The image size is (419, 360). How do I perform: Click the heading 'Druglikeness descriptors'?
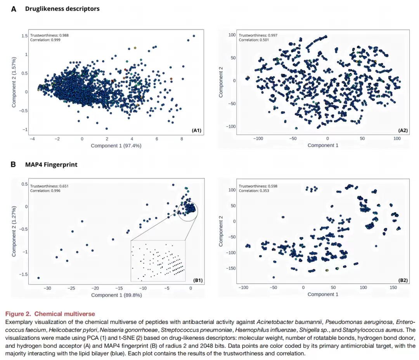tap(62, 9)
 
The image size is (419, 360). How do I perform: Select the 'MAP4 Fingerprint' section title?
tap(51, 165)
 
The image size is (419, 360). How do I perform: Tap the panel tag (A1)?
tap(196, 130)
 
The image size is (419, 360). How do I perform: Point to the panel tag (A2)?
tap(403, 130)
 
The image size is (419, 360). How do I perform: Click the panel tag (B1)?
tap(198, 280)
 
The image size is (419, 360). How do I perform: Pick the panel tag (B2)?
tap(403, 280)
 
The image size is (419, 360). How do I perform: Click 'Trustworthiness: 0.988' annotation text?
tap(49, 35)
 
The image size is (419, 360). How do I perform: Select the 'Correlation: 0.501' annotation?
tap(254, 40)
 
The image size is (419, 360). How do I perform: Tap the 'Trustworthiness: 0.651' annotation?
tap(49, 186)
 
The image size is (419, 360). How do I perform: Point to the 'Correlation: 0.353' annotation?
tap(254, 191)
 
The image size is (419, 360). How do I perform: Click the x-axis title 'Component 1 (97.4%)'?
tap(116, 146)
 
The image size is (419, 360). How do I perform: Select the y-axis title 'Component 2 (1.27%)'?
tap(14, 231)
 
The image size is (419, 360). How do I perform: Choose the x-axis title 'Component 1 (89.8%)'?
tap(116, 295)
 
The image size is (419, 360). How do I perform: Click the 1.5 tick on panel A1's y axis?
tap(24, 36)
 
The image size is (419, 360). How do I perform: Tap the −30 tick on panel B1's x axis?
tap(47, 288)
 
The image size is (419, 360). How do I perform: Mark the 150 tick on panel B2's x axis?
tap(393, 287)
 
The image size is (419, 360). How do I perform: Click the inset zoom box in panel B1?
tap(158, 261)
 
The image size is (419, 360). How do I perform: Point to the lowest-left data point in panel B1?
tap(38, 278)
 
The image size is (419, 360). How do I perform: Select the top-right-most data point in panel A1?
tap(194, 36)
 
